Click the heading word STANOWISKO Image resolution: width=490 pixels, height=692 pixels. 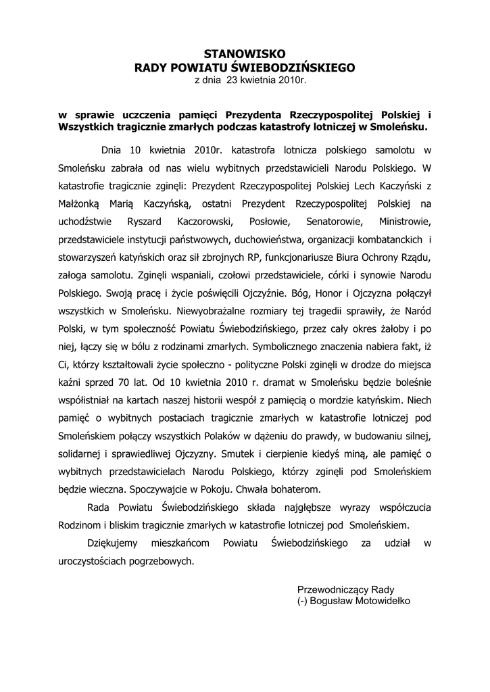pos(245,54)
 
